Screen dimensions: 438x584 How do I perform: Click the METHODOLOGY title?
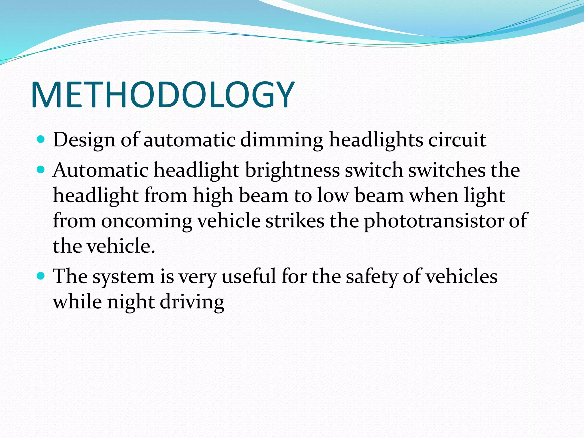[163, 95]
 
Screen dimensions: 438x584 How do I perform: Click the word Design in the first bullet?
[84, 140]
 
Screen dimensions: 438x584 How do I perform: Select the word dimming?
[281, 140]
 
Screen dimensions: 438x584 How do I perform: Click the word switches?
[447, 171]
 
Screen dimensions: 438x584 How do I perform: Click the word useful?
[248, 277]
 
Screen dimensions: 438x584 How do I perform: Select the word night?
[131, 302]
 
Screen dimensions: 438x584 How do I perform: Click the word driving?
[192, 302]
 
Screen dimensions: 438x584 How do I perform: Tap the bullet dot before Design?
[41, 139]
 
